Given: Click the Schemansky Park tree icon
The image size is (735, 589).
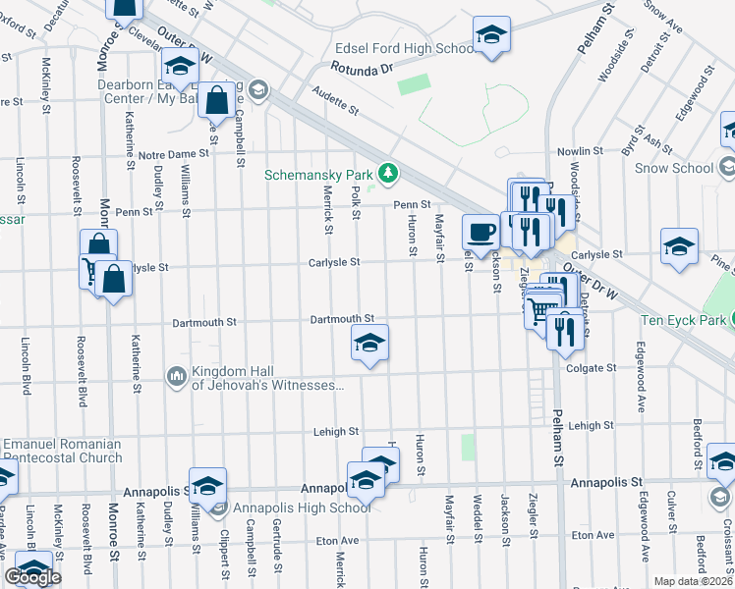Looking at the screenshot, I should coord(389,175).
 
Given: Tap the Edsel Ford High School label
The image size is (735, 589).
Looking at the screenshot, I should coord(405,48).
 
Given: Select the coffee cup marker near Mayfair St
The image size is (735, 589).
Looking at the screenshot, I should coord(481,233).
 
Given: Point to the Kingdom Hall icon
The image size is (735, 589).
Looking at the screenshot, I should coord(177,376).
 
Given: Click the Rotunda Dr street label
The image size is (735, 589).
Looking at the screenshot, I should coord(362,69).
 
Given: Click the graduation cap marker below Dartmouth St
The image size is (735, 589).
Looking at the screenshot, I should coord(369,344).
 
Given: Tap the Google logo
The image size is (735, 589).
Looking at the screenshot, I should coord(33,577).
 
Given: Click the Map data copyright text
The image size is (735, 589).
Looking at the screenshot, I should coord(694,581).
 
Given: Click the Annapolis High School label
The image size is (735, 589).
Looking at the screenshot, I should coord(295,508).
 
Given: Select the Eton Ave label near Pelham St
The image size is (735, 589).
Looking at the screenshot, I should coord(592,537).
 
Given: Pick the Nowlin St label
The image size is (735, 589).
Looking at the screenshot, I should coord(580,151).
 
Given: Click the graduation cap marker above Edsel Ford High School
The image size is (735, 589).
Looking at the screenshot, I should coord(491,35).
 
